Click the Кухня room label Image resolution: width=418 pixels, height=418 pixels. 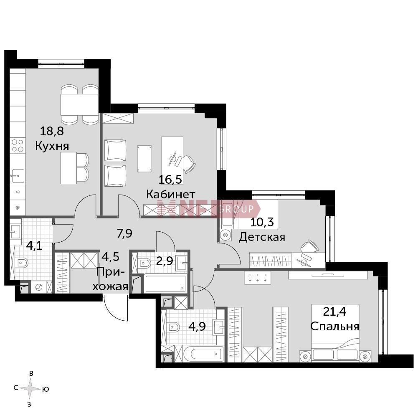[x=52, y=146]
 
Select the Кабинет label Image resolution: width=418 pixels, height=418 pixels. [x=171, y=194]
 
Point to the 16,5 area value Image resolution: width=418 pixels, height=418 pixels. [x=170, y=179]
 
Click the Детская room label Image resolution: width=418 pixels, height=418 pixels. [x=262, y=237]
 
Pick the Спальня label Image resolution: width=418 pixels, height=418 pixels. [x=335, y=326]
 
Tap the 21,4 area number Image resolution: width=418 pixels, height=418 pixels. [x=334, y=311]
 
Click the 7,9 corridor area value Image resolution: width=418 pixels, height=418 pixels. [x=124, y=233]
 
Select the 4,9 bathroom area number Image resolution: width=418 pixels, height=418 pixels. [x=197, y=326]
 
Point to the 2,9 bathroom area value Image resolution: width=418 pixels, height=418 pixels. [x=165, y=261]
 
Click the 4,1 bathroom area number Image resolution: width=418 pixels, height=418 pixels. [x=34, y=245]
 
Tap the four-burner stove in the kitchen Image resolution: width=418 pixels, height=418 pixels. [x=18, y=146]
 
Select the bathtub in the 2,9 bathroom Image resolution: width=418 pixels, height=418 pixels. [x=165, y=284]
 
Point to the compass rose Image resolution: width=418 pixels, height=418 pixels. [x=31, y=389]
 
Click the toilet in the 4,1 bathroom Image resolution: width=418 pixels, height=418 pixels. [x=22, y=263]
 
